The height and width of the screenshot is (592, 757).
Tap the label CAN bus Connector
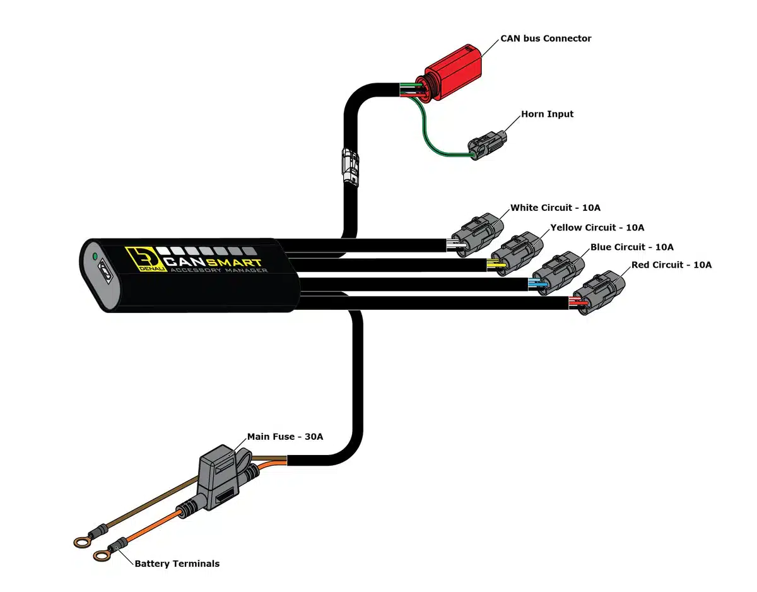pyautogui.click(x=546, y=38)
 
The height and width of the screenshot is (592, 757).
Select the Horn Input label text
pyautogui.click(x=547, y=114)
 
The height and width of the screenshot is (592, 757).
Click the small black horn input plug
pyautogui.click(x=488, y=144)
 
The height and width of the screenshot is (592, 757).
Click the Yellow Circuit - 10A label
pyautogui.click(x=597, y=227)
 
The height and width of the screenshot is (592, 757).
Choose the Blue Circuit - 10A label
pyautogui.click(x=631, y=247)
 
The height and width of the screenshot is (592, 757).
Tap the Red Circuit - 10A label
pyautogui.click(x=671, y=265)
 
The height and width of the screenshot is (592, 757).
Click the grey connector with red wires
pyautogui.click(x=602, y=290)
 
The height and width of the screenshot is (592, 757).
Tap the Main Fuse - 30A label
pyautogui.click(x=285, y=437)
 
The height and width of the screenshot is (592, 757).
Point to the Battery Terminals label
pyautogui.click(x=177, y=564)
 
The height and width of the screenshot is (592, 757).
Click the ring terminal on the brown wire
pyautogui.click(x=81, y=541)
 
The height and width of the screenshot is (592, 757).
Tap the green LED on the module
pyautogui.click(x=95, y=257)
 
